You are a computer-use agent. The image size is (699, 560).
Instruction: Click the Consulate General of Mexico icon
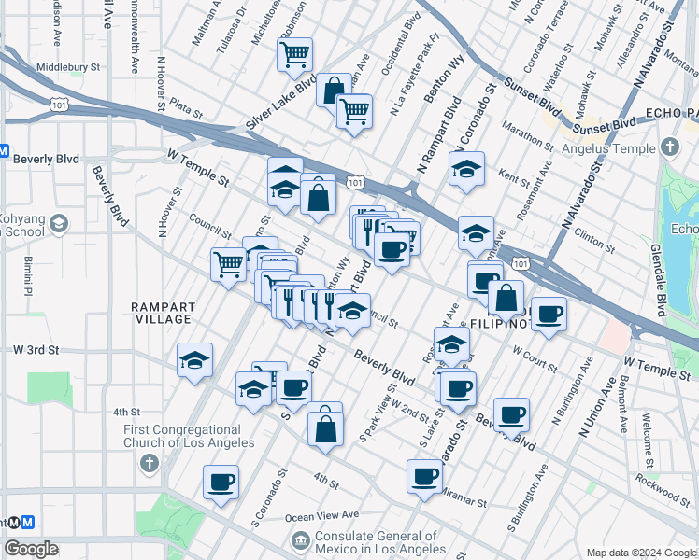pos(301,539)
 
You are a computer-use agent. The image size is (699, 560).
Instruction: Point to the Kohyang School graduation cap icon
pos(60,223)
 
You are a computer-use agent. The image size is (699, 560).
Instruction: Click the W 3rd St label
pos(36,350)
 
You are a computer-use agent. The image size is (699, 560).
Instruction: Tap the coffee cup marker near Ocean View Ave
pos(221,483)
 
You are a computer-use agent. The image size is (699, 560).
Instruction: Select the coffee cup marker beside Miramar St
pos(424,477)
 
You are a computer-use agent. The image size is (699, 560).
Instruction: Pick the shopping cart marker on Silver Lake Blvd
pos(294,54)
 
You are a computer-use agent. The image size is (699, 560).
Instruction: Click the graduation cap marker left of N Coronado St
pos(466,170)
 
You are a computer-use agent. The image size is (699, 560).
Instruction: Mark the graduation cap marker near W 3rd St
pos(194,360)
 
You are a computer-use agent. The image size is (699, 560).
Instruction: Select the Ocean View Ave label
pos(322,515)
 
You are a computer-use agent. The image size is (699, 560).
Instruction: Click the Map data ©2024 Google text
pos(640,552)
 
